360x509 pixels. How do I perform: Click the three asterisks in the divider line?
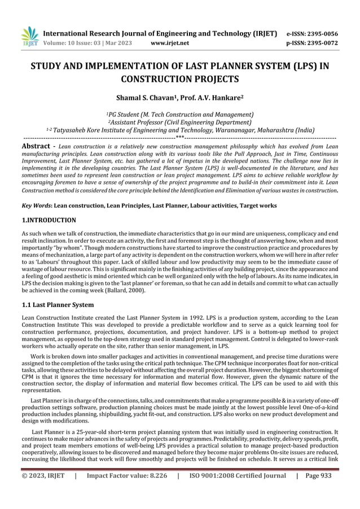[x=179, y=136]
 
